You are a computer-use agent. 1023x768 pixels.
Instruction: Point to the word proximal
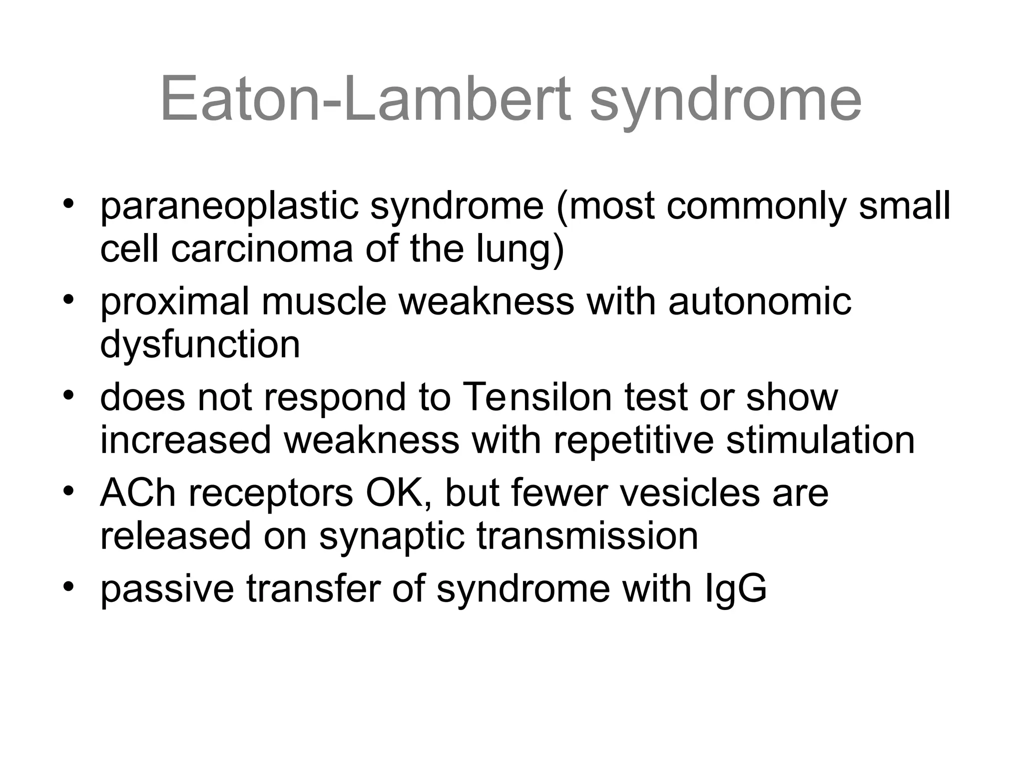coord(174,302)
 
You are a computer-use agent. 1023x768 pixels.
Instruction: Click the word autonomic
coord(759,302)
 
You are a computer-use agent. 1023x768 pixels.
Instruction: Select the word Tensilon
coord(537,397)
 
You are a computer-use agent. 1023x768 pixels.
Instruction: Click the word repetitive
coord(633,440)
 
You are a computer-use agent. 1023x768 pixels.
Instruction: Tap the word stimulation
coord(820,440)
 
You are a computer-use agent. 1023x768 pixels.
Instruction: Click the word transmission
coord(587,536)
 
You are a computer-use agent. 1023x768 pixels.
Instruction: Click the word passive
coord(166,589)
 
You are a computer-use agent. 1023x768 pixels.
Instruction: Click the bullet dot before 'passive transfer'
coord(68,585)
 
